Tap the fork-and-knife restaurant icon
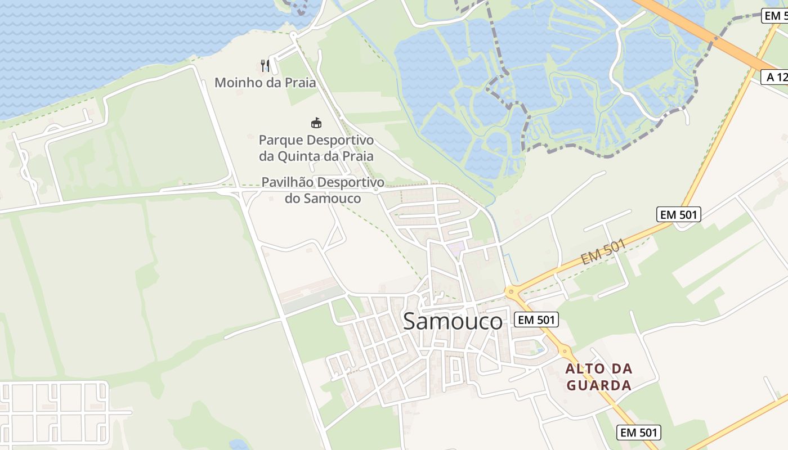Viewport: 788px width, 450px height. (265, 66)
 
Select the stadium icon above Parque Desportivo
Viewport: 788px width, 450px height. (316, 123)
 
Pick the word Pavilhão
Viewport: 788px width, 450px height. (287, 182)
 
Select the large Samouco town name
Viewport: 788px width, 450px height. (453, 321)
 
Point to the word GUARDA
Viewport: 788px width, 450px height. (599, 385)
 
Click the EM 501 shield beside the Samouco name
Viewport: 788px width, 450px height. (536, 320)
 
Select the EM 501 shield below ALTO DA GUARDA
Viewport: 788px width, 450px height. (638, 433)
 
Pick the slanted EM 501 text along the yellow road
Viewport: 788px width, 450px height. (603, 251)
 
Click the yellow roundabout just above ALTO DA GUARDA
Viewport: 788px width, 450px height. (565, 351)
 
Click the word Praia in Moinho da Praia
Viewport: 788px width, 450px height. (299, 83)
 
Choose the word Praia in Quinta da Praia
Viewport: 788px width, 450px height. (358, 156)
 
